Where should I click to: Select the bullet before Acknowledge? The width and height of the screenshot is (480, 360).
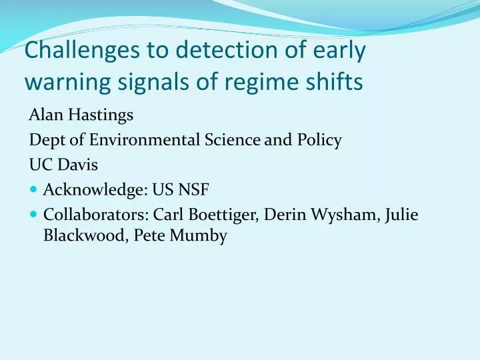coord(34,190)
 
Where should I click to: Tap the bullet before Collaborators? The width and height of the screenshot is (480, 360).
coord(34,215)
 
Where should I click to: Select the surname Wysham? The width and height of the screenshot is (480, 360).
coord(351,215)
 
